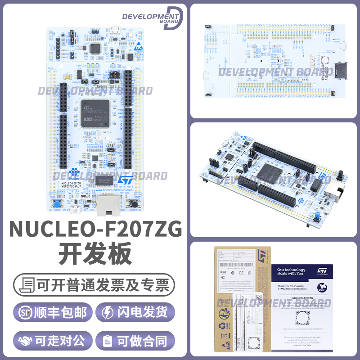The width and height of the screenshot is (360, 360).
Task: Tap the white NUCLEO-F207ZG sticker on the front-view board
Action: pyautogui.click(x=71, y=186)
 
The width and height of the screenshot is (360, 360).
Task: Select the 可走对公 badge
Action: pyautogui.click(x=53, y=341)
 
